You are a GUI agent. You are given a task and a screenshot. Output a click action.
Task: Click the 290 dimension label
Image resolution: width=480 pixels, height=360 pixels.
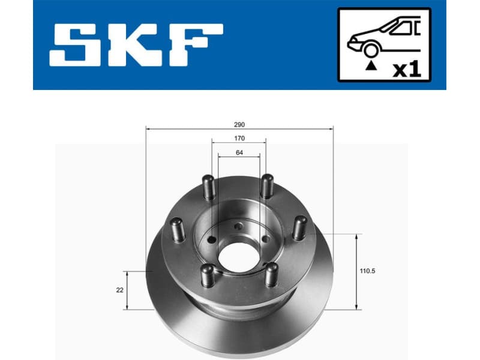pyautogui.click(x=239, y=125)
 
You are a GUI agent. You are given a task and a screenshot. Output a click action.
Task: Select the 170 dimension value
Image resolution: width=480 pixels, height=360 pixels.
pyautogui.click(x=239, y=139)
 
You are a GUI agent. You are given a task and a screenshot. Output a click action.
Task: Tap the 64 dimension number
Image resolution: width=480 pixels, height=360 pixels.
pyautogui.click(x=239, y=153)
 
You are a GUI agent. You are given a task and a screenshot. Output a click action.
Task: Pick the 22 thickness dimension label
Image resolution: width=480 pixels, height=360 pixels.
pyautogui.click(x=120, y=290)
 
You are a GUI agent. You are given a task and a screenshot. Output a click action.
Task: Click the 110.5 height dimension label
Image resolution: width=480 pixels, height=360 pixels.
pyautogui.click(x=368, y=271)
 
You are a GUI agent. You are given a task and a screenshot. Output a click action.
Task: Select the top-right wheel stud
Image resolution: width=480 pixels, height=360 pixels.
pyautogui.click(x=267, y=186)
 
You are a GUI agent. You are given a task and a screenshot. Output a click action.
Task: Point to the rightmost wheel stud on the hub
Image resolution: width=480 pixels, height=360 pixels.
pyautogui.click(x=299, y=227)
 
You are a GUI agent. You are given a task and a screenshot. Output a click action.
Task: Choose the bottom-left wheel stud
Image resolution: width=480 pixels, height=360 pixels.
pyautogui.click(x=207, y=275)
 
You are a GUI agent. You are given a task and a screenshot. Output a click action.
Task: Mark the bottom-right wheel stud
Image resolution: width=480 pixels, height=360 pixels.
pyautogui.click(x=271, y=274)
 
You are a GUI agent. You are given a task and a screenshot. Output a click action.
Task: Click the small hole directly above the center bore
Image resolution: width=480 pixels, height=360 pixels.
pyautogui.click(x=238, y=226)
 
